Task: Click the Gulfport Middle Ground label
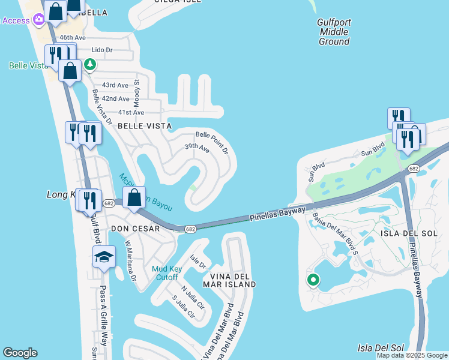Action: click(334, 32)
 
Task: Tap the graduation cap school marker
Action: click(104, 257)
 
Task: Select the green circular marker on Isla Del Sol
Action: click(313, 280)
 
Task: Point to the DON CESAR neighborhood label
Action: click(135, 229)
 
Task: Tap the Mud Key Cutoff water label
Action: click(165, 273)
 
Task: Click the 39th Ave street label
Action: click(196, 147)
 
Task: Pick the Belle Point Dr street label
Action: click(213, 142)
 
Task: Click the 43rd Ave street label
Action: click(115, 86)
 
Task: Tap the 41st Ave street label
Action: click(131, 112)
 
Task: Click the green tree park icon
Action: click(89, 63)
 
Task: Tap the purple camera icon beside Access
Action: click(40, 20)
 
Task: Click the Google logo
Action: click(20, 353)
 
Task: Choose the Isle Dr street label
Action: click(198, 262)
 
